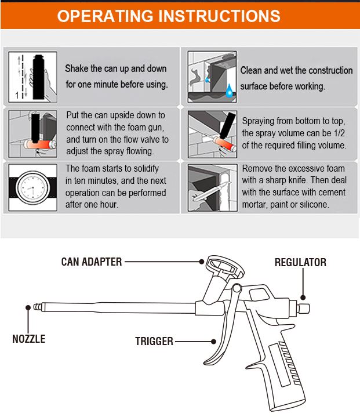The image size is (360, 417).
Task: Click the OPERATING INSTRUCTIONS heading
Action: (x=168, y=16)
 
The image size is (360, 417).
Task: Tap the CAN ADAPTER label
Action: (x=92, y=262)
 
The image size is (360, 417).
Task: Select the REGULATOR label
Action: (x=300, y=263)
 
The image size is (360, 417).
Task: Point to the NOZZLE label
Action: (x=28, y=339)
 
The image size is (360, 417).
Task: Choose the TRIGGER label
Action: (x=154, y=341)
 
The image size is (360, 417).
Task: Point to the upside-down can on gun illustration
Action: (x=33, y=133)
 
